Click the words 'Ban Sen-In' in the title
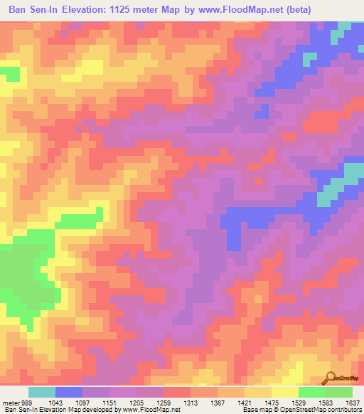36,10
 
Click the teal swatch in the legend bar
41,392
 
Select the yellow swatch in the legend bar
284,392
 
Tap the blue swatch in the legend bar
68,392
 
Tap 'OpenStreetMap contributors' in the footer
331,410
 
